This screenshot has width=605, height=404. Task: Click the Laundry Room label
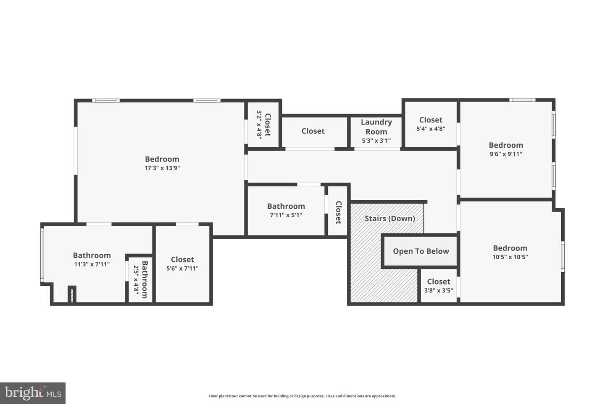[376, 127]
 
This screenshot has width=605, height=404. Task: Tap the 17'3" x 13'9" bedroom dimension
[162, 168]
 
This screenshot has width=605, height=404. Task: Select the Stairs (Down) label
[390, 218]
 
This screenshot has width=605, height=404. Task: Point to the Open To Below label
[421, 251]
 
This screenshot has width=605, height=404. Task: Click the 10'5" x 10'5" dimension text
[510, 257]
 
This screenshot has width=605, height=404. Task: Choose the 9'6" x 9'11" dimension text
[506, 154]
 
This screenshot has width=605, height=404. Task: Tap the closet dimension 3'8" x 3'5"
[439, 291]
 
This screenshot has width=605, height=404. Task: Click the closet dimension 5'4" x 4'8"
[431, 129]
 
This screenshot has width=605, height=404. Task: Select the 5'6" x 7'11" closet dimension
[182, 268]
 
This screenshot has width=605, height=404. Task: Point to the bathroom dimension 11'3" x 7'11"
[92, 264]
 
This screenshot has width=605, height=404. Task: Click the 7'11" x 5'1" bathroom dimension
[286, 215]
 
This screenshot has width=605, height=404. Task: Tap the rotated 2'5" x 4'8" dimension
[137, 279]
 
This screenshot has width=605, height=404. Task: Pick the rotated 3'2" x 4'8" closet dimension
[259, 125]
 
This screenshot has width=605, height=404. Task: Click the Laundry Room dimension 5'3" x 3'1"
[376, 141]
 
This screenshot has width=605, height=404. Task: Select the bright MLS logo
[33, 393]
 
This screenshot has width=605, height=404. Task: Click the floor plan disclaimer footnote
[302, 396]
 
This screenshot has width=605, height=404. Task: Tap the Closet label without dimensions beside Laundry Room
[313, 131]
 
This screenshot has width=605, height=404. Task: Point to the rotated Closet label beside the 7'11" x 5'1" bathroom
[339, 213]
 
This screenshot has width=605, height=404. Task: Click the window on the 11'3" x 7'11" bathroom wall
[42, 255]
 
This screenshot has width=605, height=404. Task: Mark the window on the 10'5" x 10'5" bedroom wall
[563, 257]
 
